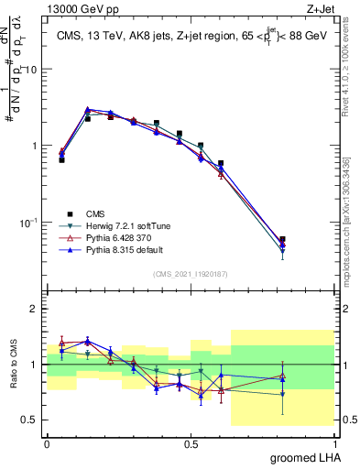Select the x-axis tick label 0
tap(47, 442)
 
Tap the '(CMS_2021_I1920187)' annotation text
tap(191, 273)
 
